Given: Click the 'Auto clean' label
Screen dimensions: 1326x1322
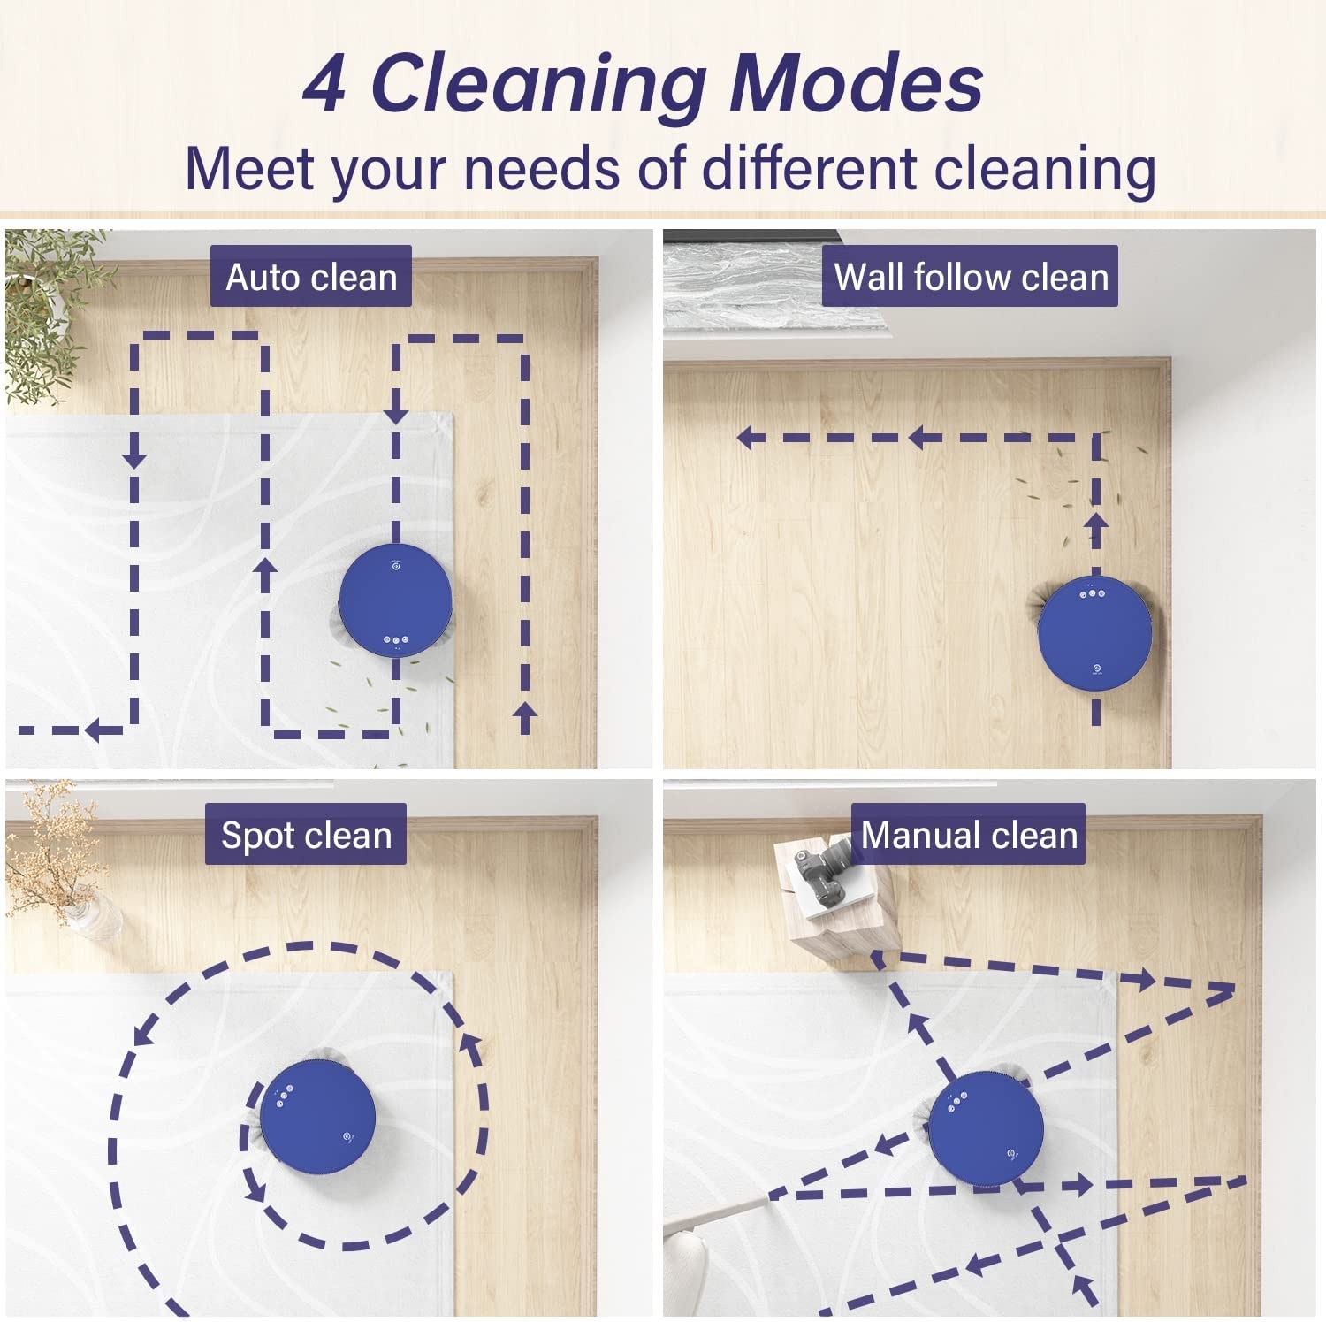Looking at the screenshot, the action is [311, 277].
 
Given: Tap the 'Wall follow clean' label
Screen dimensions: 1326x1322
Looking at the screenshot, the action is [971, 277].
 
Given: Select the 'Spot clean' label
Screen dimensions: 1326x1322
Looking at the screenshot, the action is [306, 835].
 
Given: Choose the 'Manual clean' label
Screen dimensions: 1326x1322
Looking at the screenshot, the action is [969, 835].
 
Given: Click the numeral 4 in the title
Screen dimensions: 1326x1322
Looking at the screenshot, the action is [324, 85].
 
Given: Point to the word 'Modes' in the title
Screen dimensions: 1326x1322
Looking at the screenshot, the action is [857, 83].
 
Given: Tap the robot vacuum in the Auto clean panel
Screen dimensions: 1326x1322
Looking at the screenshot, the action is [396, 600].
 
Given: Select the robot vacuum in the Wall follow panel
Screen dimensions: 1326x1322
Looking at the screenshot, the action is [1094, 631].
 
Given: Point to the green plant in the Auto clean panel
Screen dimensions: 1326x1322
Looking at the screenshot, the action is [49, 309].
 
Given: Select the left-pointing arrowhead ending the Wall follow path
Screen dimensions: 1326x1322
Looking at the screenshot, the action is [751, 437].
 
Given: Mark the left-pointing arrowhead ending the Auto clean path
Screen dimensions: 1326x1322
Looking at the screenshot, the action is [99, 730].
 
